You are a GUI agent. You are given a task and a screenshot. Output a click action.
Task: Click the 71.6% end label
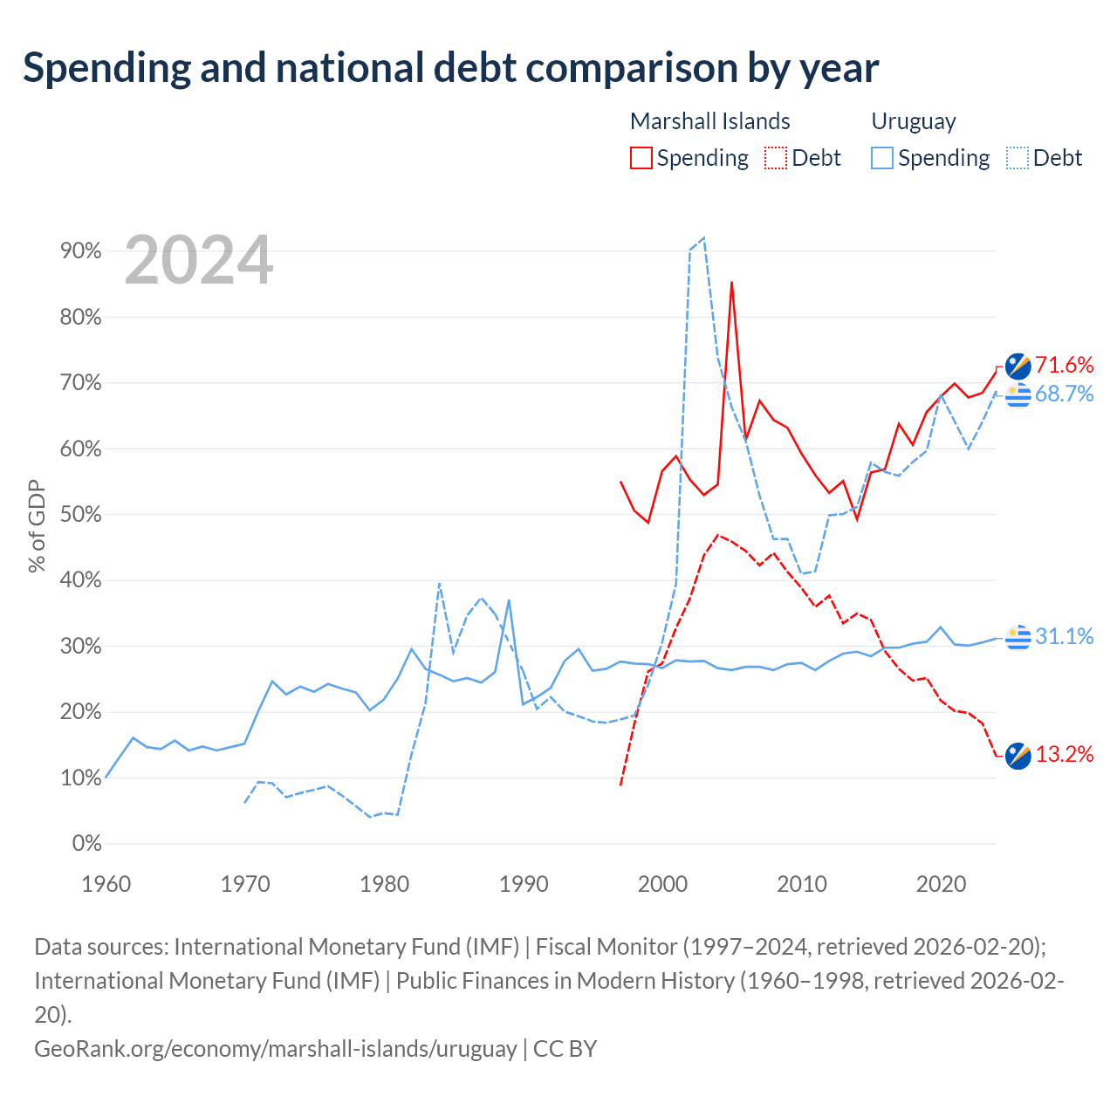click(1064, 365)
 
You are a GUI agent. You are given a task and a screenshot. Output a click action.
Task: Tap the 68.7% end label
click(1064, 394)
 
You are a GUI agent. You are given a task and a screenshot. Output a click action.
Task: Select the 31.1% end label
click(1064, 636)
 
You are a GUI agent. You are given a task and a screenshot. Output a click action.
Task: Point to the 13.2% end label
click(1064, 754)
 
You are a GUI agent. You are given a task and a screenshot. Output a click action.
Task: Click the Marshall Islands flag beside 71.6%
click(1018, 366)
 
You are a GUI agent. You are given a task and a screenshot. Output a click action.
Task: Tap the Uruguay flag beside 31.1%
click(1018, 638)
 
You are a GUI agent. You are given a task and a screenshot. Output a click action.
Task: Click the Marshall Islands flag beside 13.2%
click(1018, 756)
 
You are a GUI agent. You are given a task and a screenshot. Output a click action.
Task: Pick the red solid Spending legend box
click(641, 158)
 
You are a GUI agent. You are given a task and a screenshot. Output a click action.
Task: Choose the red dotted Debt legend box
click(776, 158)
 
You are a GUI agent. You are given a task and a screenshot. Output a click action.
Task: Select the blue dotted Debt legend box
click(1017, 158)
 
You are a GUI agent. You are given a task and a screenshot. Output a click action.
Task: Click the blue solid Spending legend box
click(881, 158)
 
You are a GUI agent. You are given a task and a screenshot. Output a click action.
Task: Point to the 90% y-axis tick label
click(80, 251)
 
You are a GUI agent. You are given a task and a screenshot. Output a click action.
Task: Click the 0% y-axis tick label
click(87, 843)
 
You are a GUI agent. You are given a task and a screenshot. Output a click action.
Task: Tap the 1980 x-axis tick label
click(384, 885)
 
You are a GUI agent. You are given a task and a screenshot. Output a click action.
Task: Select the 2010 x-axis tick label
click(802, 885)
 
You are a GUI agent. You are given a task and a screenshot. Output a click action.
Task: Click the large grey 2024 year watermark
click(198, 260)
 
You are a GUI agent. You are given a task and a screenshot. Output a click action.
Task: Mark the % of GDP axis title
click(37, 526)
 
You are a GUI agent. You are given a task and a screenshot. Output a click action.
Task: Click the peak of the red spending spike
click(731, 282)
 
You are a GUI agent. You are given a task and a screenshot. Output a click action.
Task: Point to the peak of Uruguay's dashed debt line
click(703, 237)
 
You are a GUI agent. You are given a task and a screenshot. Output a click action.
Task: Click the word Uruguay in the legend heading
click(914, 121)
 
